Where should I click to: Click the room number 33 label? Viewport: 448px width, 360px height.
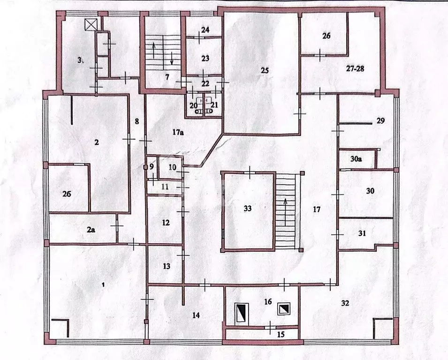248,209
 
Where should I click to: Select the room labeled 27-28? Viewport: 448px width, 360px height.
355,68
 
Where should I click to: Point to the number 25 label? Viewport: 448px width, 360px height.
265,70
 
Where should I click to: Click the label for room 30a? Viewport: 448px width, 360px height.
357,159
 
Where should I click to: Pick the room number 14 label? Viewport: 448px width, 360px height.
196,315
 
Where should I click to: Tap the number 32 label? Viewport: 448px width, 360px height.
345,303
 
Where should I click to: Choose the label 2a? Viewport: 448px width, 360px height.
91,230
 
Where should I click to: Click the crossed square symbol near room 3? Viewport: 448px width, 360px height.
90,24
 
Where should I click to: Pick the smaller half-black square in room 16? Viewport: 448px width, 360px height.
284,308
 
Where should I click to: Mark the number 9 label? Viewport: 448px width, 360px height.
152,166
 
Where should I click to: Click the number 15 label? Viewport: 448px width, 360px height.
281,334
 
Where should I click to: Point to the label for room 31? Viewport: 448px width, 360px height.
362,233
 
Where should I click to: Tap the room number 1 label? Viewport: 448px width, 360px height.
103,285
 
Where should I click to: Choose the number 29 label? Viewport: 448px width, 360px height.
380,120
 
